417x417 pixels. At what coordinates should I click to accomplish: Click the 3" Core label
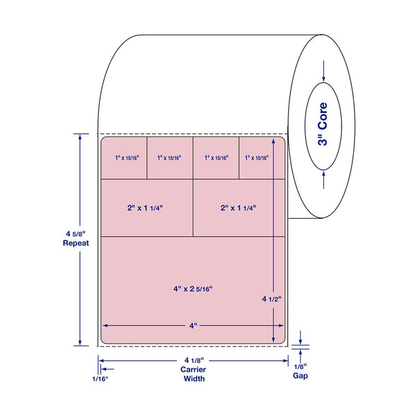coord(323,124)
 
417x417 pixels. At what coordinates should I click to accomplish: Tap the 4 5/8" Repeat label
coord(76,238)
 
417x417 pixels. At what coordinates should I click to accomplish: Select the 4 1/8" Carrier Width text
coord(194,369)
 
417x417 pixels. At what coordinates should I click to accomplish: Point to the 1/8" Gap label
coord(300,371)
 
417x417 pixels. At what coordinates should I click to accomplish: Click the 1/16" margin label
coord(101,379)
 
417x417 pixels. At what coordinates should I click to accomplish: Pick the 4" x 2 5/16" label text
coord(193,289)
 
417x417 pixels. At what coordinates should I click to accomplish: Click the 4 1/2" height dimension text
coord(272,299)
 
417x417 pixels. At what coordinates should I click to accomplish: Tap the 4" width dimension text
coord(194,325)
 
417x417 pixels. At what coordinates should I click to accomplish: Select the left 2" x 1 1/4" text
coord(145,208)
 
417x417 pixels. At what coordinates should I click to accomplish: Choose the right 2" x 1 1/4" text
coord(238,208)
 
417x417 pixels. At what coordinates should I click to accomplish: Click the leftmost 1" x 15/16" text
coord(127,158)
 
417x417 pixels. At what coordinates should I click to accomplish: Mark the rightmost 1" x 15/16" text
coord(257,158)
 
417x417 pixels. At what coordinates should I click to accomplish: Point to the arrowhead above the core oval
coord(323,79)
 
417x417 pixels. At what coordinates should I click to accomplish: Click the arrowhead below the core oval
coord(323,174)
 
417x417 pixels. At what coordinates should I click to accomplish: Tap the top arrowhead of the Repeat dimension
coord(79,137)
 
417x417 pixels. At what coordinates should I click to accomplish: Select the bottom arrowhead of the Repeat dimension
coord(79,342)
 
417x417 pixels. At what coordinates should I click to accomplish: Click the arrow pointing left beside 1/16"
coord(108,369)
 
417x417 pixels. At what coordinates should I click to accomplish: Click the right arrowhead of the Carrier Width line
coord(285,361)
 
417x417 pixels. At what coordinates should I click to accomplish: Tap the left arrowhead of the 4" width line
coord(105,325)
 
